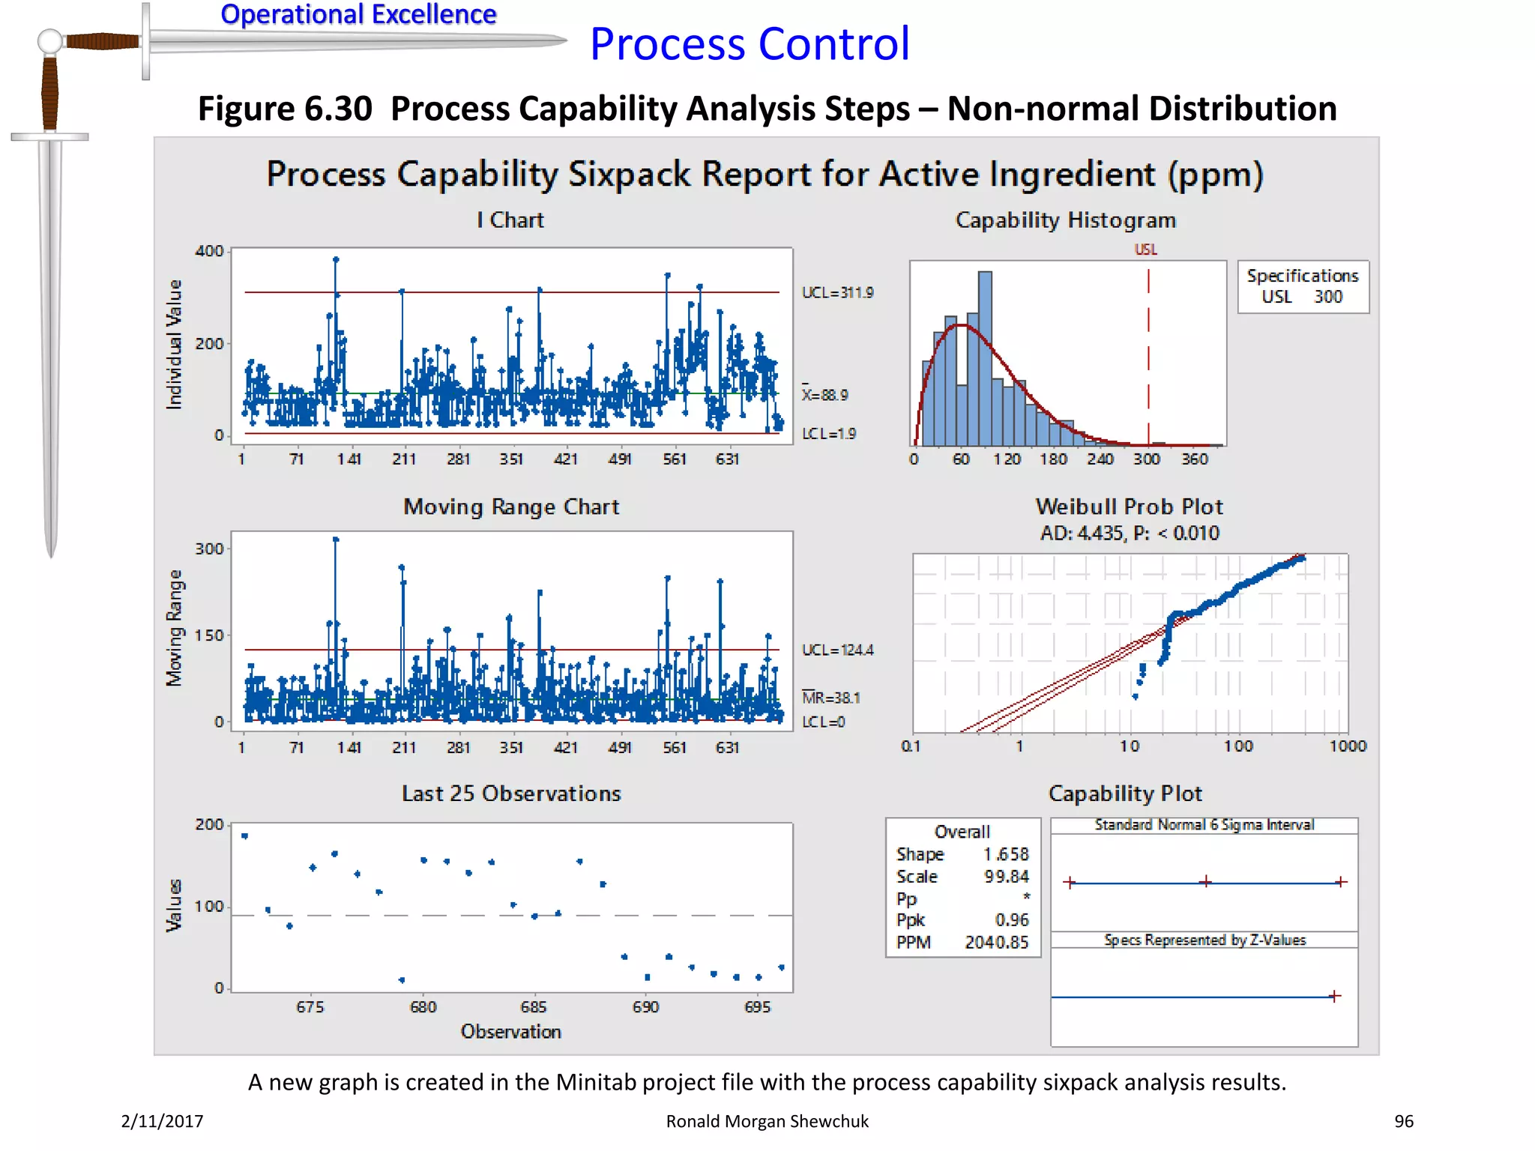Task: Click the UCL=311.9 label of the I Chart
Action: point(837,292)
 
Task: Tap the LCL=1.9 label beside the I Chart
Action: point(828,434)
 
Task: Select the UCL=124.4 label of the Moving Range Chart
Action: point(837,650)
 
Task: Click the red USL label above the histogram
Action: point(1145,250)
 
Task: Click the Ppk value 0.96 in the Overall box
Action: point(1011,919)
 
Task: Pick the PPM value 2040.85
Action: point(996,942)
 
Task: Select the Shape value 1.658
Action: point(1006,854)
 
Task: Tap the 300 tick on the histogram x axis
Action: point(1146,459)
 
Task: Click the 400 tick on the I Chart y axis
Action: point(209,251)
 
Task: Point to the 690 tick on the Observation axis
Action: point(645,1007)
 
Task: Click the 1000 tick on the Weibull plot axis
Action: point(1347,746)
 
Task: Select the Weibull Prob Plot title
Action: point(1129,507)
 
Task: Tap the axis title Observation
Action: point(510,1032)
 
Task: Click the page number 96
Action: point(1403,1121)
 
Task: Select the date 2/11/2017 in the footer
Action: point(162,1121)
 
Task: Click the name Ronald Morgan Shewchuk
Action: point(767,1121)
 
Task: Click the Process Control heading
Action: point(750,43)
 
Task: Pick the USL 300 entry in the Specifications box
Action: point(1302,297)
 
